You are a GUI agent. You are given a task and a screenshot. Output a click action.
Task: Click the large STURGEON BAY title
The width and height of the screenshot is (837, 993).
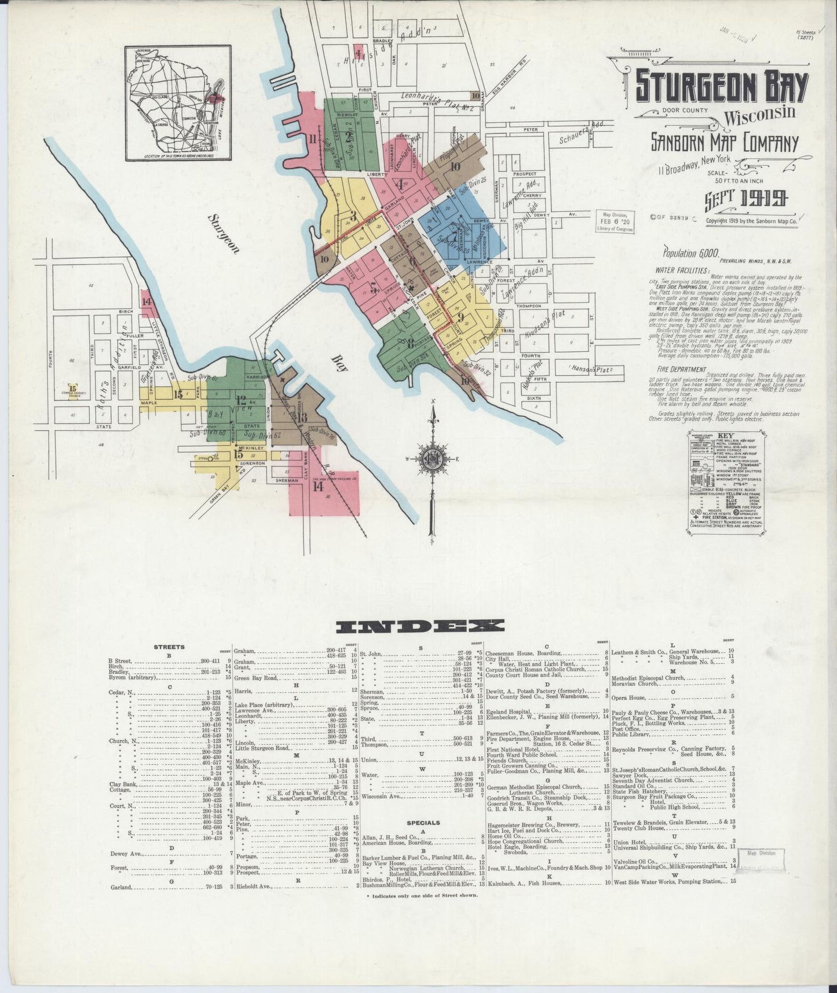pyautogui.click(x=721, y=87)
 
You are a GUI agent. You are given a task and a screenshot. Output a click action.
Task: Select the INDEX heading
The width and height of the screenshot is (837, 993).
pyautogui.click(x=421, y=626)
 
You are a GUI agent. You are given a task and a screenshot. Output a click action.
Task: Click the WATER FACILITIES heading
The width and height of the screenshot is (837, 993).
pyautogui.click(x=682, y=270)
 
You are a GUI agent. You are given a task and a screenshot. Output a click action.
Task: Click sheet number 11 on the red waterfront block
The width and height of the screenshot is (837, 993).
pyautogui.click(x=313, y=138)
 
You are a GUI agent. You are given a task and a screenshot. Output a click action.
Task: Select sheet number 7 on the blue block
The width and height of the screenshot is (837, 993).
pyautogui.click(x=447, y=239)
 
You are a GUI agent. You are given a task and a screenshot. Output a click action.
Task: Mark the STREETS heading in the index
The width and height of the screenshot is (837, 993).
pyautogui.click(x=170, y=647)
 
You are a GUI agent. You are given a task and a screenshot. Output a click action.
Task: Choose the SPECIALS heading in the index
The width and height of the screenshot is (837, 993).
pyautogui.click(x=423, y=823)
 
